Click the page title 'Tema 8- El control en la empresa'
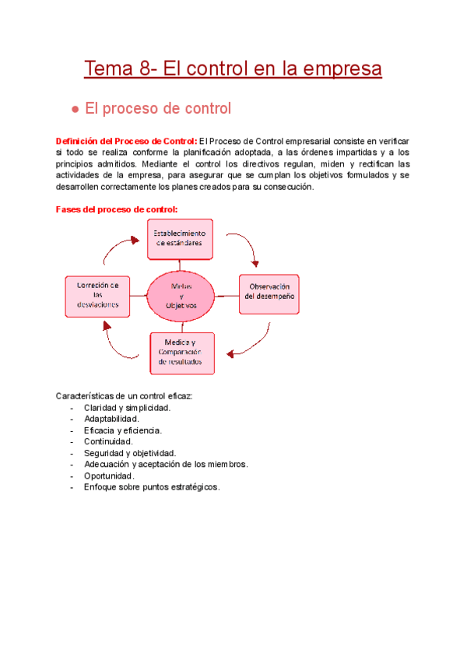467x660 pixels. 233,69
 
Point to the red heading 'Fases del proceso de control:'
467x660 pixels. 117,209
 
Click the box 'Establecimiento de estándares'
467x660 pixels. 180,238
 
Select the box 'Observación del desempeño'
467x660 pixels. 269,292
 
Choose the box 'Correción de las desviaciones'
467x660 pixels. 97,295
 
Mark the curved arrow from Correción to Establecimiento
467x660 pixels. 117,251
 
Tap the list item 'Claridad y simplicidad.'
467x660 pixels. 127,408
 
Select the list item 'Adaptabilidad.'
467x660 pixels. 111,419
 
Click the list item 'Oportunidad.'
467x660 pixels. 109,476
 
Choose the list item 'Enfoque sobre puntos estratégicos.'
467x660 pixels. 151,486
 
